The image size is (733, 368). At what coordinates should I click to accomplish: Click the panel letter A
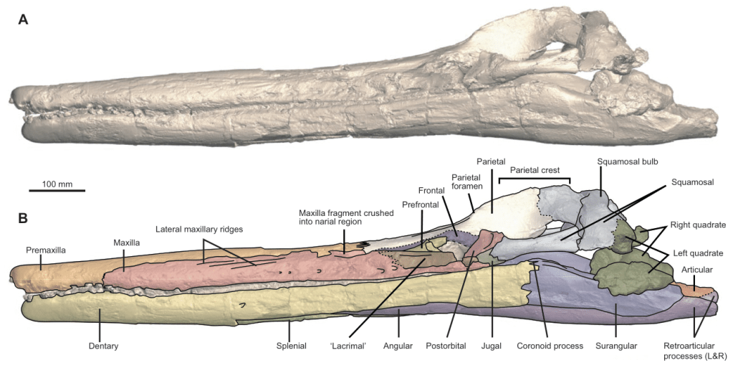click(23, 20)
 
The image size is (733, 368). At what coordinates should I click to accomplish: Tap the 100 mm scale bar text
click(57, 184)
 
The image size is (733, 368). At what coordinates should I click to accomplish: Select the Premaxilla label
click(45, 250)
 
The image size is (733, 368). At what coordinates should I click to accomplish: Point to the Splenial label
click(290, 346)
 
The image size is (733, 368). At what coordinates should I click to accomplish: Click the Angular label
click(398, 346)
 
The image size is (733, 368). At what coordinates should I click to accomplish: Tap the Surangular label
click(615, 346)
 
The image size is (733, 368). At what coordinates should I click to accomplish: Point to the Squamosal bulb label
click(624, 161)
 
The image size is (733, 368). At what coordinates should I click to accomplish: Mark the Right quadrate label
click(699, 225)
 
